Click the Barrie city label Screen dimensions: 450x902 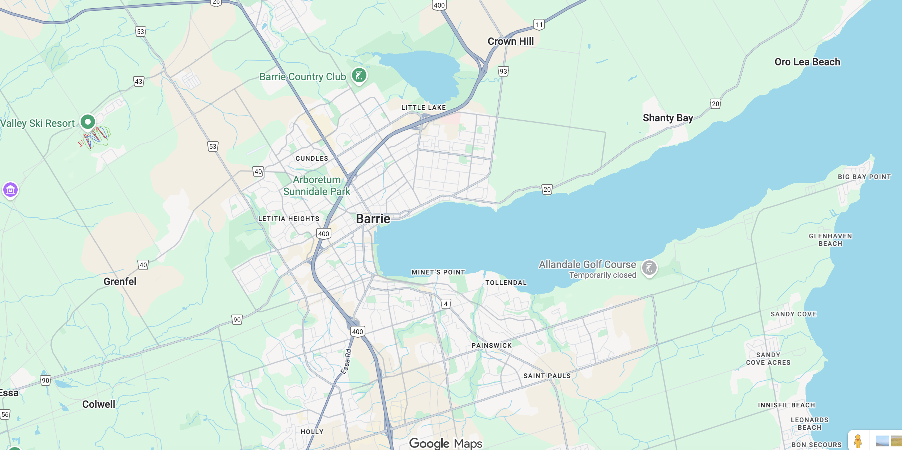click(373, 219)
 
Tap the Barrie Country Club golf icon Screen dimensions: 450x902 click(359, 75)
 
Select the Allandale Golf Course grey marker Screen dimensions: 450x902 click(649, 268)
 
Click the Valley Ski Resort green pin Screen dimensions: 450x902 click(88, 122)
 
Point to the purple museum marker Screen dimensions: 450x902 click(10, 190)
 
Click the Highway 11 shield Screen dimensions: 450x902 click(539, 25)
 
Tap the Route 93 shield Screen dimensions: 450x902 click(503, 71)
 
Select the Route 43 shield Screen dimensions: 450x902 click(138, 81)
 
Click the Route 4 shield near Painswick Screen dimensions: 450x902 click(446, 304)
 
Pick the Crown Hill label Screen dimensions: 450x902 click(510, 42)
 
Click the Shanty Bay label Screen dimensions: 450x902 click(667, 118)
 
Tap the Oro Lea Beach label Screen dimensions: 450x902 click(807, 62)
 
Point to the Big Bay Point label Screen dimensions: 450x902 click(864, 177)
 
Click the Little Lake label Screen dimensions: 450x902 click(424, 108)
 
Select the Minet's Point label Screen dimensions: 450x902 click(438, 272)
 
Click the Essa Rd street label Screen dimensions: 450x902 click(346, 361)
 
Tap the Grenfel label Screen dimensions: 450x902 click(120, 282)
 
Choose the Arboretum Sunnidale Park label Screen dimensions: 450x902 click(317, 186)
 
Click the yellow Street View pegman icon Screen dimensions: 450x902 click(858, 441)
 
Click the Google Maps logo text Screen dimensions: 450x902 click(445, 443)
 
